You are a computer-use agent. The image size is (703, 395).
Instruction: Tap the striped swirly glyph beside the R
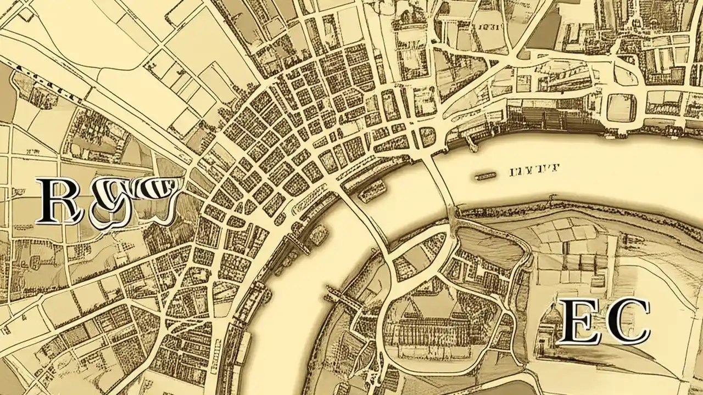pos(135,200)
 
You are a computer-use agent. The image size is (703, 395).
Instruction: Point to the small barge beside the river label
pos(485,177)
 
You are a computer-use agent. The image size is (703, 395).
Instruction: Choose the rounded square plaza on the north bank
pos(621,108)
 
